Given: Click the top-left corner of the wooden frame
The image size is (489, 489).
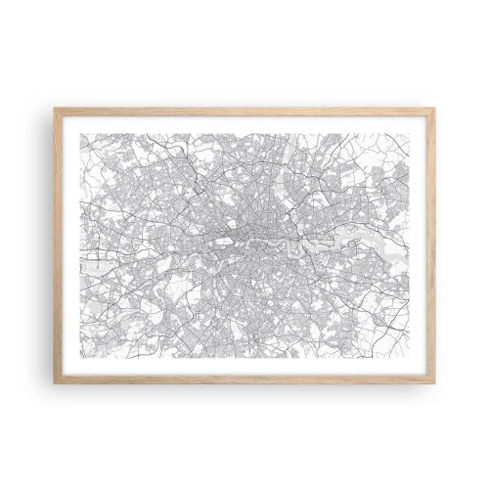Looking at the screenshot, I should [x=55, y=109].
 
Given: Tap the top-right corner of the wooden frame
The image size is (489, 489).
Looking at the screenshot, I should [x=434, y=109].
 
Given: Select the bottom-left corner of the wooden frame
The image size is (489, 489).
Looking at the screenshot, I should [x=55, y=381].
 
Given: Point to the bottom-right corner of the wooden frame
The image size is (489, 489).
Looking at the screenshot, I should [x=434, y=381].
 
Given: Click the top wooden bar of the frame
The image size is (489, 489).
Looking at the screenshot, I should [x=244, y=111].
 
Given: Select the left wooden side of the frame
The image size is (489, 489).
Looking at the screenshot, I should [x=57, y=244].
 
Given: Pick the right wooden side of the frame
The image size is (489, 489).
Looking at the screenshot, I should [x=432, y=244].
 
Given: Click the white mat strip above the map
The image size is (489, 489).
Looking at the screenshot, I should [x=244, y=124].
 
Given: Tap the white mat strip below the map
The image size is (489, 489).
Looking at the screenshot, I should [x=244, y=366].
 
